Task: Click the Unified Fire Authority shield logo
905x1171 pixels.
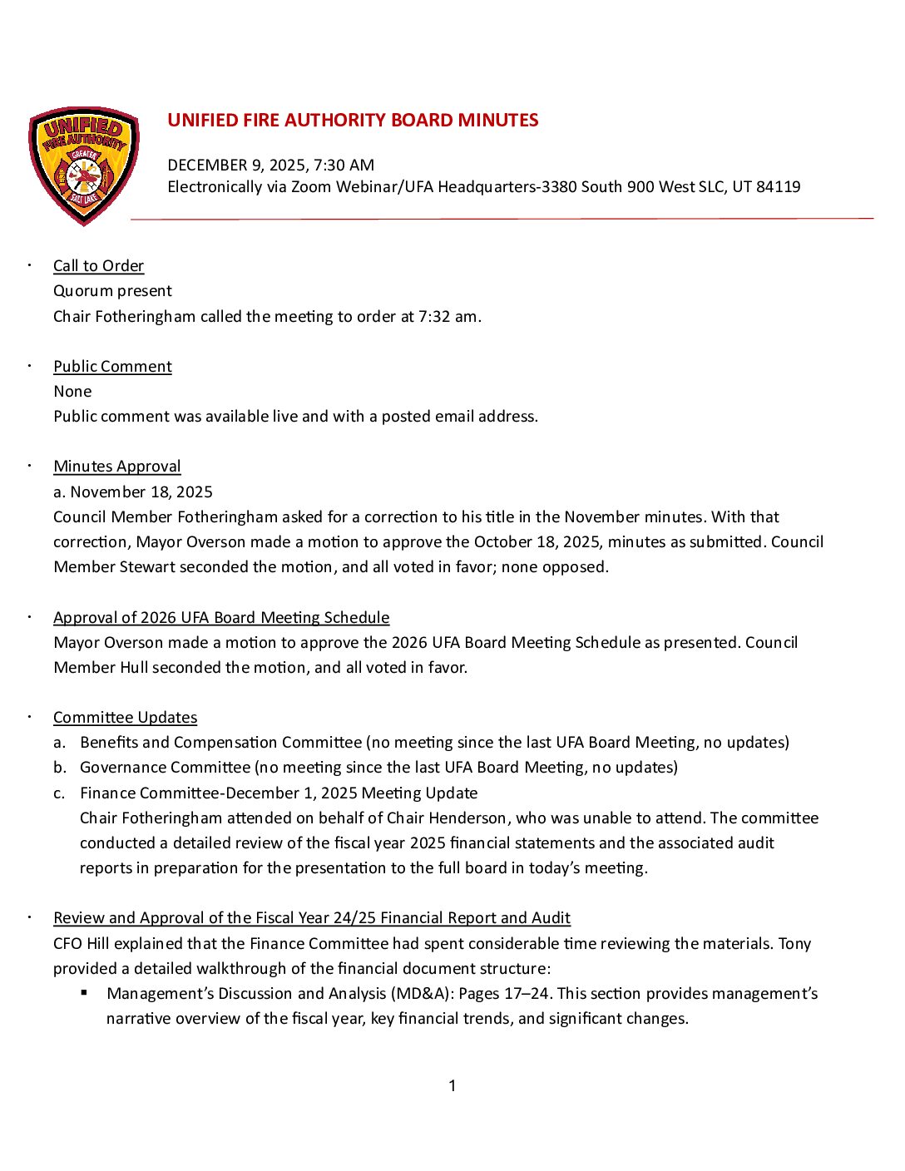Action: [x=84, y=166]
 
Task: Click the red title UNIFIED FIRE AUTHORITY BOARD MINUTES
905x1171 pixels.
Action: [x=353, y=121]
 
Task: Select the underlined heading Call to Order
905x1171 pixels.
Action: [x=98, y=266]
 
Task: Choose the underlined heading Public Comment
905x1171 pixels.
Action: [x=112, y=367]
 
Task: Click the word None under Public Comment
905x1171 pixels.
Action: [x=72, y=392]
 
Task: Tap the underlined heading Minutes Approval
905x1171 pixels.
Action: [x=116, y=467]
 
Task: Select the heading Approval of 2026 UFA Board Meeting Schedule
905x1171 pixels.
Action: [x=221, y=618]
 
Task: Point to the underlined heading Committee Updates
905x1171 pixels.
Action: [x=125, y=718]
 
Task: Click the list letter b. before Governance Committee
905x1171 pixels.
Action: [x=60, y=768]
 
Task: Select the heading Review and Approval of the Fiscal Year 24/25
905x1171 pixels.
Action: [x=311, y=918]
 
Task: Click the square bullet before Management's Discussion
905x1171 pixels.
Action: [x=85, y=993]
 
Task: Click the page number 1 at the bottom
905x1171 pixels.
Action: [x=452, y=1086]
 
